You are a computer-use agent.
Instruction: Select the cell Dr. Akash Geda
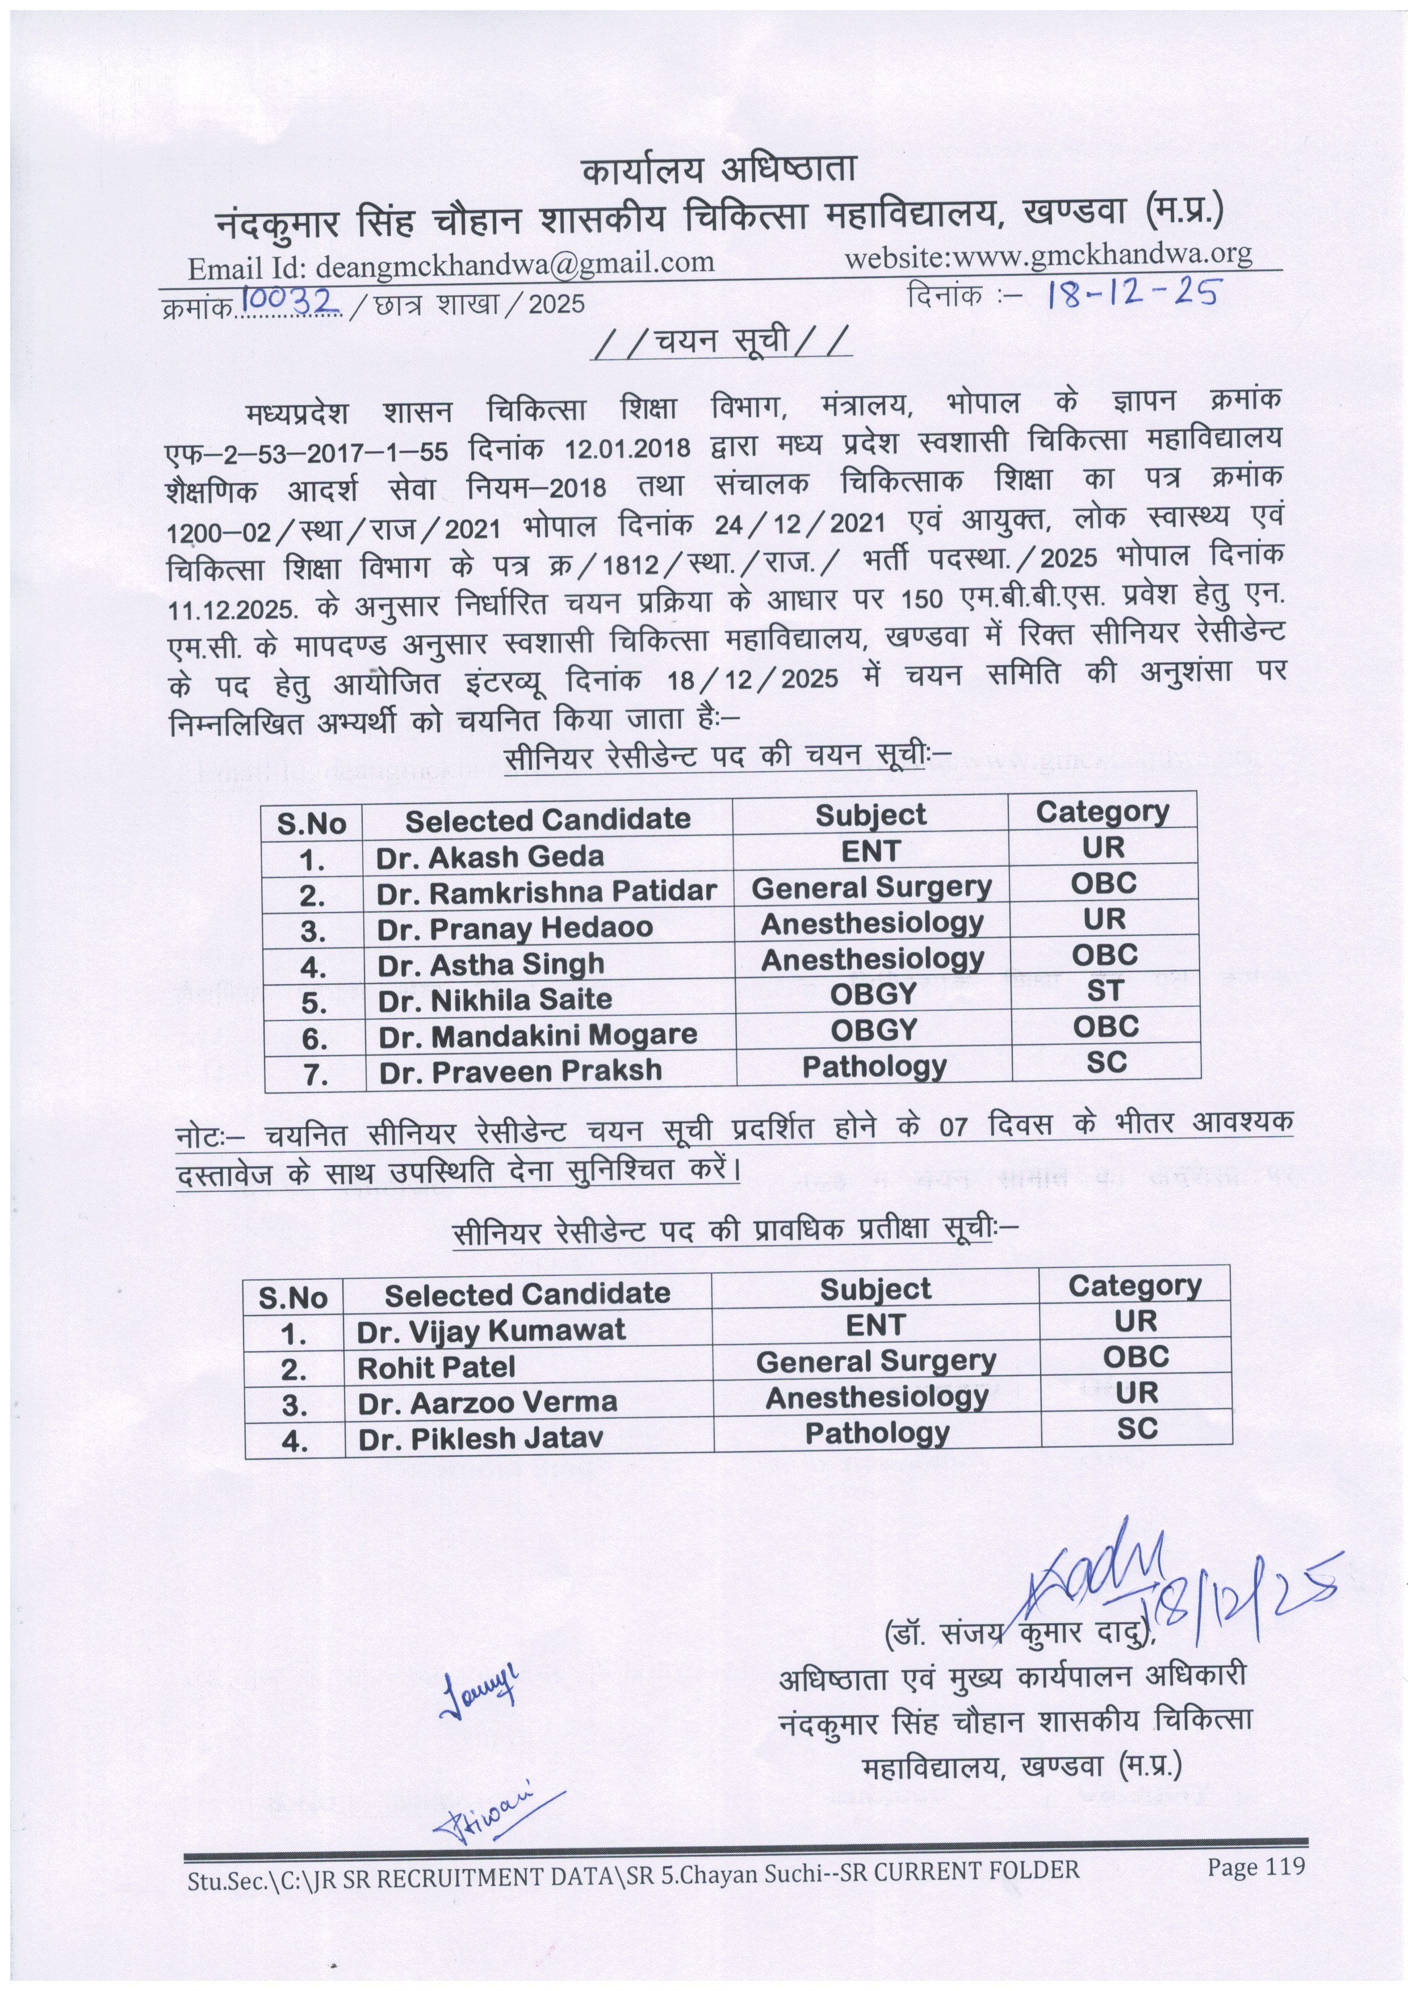(x=489, y=857)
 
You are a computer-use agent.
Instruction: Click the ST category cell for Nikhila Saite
(x=1104, y=990)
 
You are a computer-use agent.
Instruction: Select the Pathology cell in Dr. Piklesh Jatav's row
(x=877, y=1434)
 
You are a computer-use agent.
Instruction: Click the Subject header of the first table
(x=870, y=815)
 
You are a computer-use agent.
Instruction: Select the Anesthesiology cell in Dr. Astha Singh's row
(x=872, y=959)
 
